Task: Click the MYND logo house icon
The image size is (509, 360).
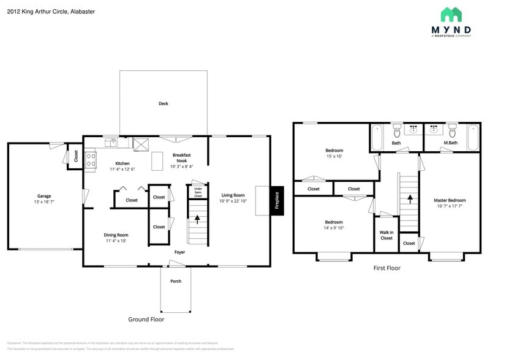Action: tap(451, 15)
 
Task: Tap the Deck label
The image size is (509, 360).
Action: tap(164, 103)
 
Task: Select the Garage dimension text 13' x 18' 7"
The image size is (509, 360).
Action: tap(43, 202)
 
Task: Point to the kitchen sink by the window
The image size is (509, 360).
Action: tap(111, 143)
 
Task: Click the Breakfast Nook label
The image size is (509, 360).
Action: tap(182, 158)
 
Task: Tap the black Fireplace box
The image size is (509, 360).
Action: tap(277, 201)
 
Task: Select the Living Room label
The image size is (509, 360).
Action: tap(233, 195)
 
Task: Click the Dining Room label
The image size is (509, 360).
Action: tap(116, 234)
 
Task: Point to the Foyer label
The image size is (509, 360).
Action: tap(179, 252)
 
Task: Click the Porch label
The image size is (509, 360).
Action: tap(176, 281)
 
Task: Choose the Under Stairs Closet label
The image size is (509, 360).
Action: tap(198, 193)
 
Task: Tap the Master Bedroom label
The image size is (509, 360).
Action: tap(450, 200)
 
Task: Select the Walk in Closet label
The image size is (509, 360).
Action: tap(386, 235)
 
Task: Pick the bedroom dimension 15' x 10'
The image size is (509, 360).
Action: tap(334, 156)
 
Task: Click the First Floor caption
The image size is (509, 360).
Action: tap(387, 268)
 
